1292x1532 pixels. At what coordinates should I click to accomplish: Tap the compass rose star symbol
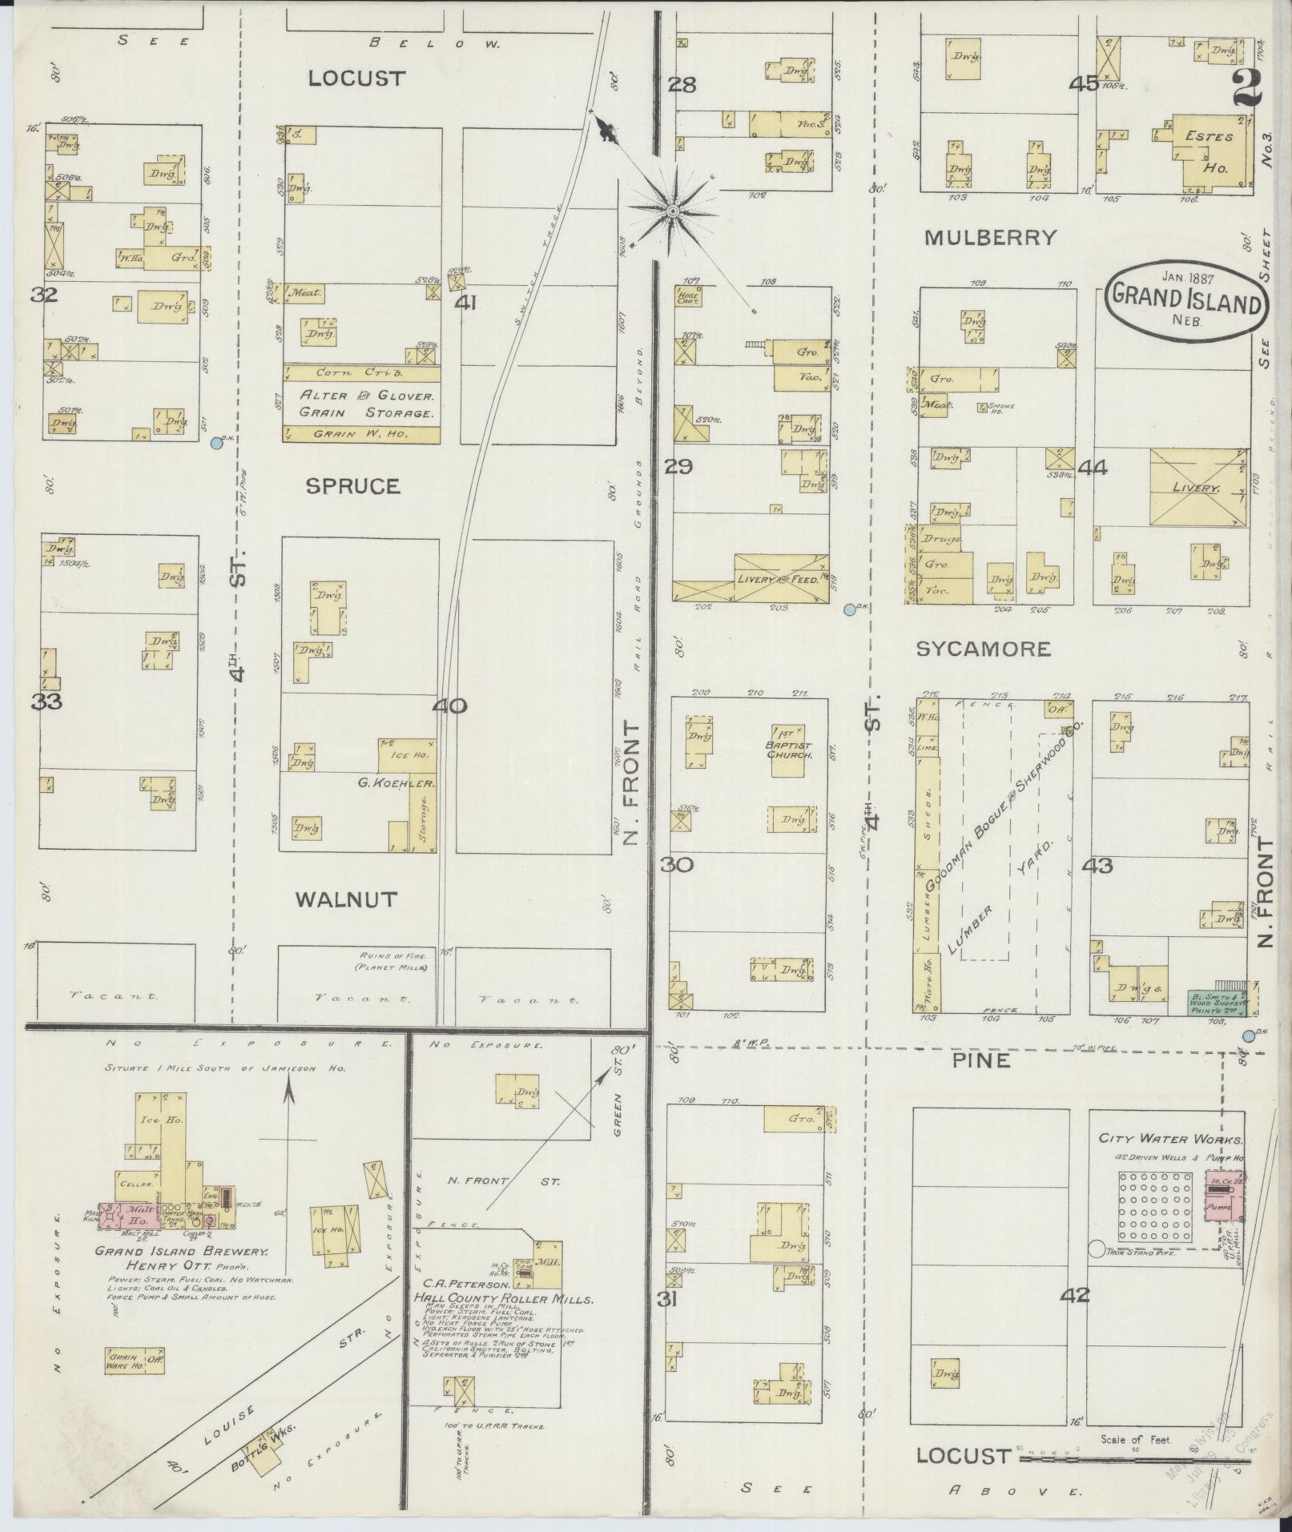click(673, 211)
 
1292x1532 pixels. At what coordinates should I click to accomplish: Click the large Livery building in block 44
click(1198, 487)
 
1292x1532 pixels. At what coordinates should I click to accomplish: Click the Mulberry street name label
click(990, 237)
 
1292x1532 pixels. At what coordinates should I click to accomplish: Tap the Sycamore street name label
click(983, 649)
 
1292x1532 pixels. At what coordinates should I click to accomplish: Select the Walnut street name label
click(346, 899)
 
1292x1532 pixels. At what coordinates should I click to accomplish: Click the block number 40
click(449, 706)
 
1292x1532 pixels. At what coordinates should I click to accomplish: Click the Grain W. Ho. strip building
click(361, 433)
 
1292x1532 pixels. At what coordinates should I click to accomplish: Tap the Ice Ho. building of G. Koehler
click(407, 754)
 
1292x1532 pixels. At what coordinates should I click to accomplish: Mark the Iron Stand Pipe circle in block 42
click(1096, 1249)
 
